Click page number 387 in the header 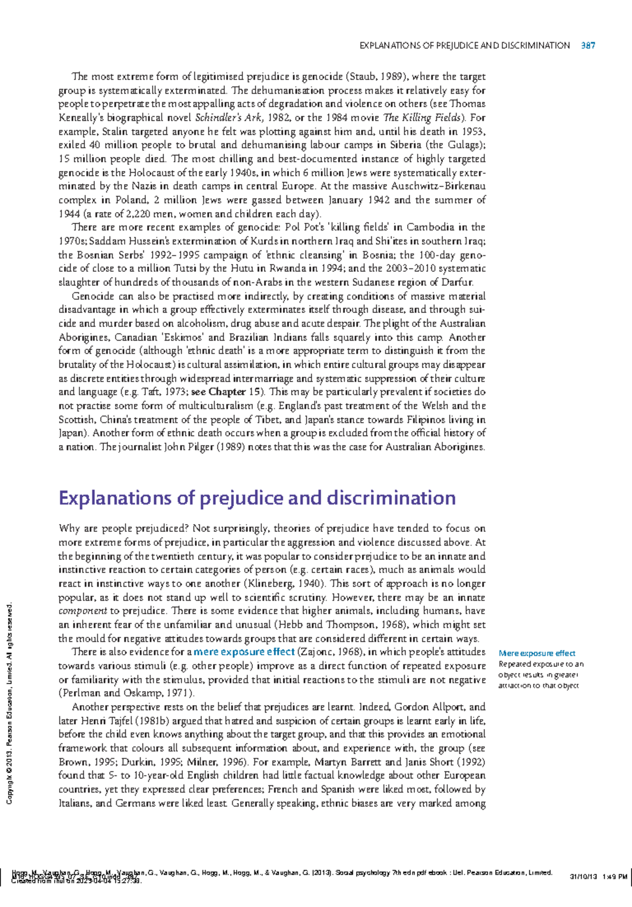588,46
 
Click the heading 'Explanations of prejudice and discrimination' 257,498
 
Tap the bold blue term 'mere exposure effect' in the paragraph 244,652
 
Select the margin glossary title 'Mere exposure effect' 537,653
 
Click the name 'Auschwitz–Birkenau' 438,186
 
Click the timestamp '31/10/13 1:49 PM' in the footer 598,877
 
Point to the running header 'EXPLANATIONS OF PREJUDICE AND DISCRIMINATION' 464,46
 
